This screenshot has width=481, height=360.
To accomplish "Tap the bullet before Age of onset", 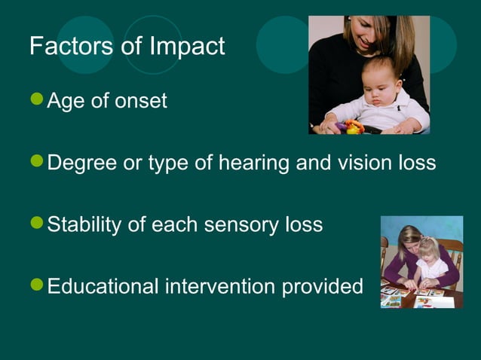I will coord(37,99).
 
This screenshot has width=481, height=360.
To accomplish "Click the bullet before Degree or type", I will coord(37,162).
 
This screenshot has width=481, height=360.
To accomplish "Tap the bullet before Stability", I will coord(37,224).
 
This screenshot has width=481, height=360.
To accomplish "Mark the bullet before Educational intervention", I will coord(37,285).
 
